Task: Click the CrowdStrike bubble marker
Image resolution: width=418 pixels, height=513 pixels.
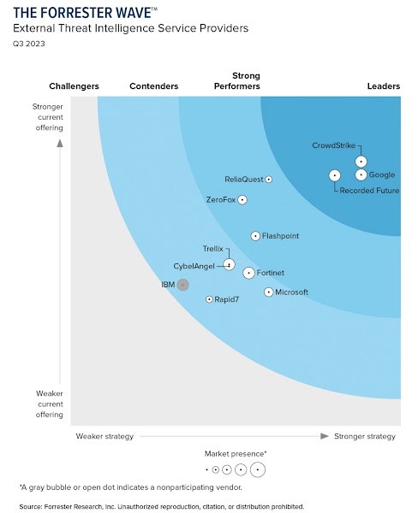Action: [361, 161]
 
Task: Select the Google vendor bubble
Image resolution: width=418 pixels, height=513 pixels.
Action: [361, 175]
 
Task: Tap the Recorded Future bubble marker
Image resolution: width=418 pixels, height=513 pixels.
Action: [334, 175]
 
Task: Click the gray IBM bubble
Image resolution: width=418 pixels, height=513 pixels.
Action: [182, 285]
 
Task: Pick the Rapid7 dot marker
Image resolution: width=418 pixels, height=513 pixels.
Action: [209, 299]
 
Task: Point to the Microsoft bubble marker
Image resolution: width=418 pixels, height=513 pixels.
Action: [269, 292]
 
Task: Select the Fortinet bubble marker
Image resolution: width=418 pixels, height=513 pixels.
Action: [248, 273]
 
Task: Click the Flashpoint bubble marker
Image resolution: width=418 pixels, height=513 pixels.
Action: [255, 236]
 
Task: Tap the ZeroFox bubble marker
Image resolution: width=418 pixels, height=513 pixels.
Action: [242, 199]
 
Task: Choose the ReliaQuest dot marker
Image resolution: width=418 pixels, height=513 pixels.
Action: [269, 180]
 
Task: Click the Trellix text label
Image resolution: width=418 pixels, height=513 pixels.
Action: [212, 249]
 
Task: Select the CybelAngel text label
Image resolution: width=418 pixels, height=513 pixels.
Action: [194, 266]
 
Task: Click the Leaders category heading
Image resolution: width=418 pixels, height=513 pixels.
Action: [383, 86]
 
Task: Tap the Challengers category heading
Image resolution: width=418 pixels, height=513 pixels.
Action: [74, 86]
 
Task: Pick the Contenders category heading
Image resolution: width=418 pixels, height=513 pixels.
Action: [153, 86]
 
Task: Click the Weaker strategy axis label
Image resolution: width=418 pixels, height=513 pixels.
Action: [104, 436]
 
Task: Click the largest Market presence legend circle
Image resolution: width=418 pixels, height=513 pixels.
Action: [257, 469]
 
